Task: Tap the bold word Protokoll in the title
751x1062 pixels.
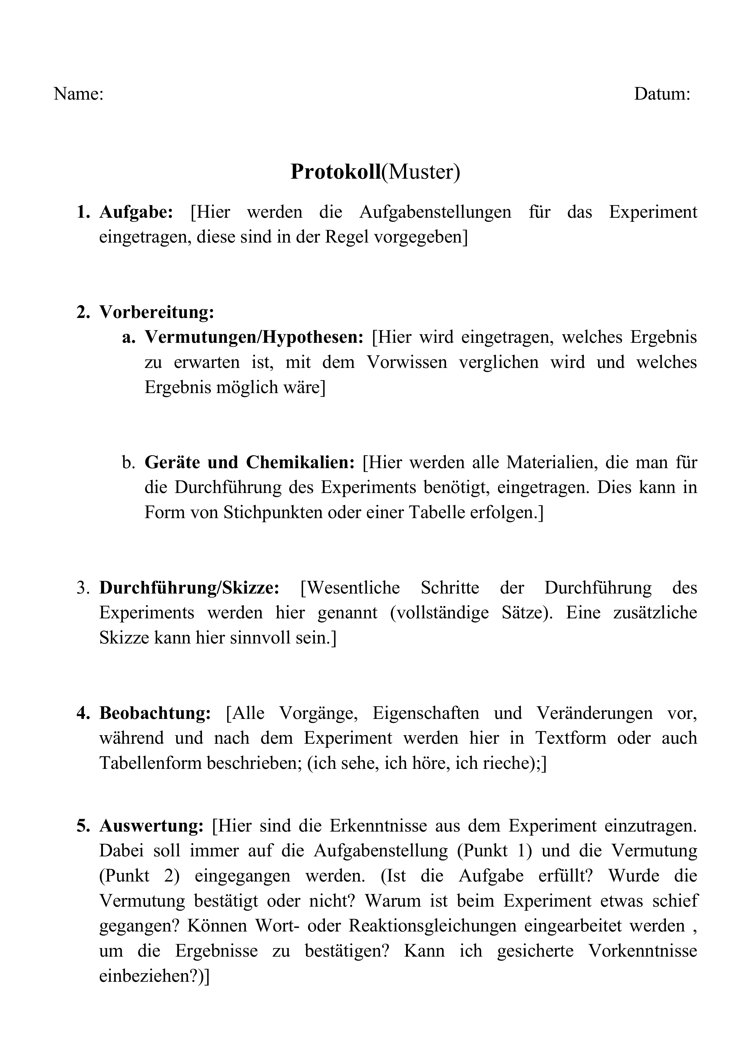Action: (335, 172)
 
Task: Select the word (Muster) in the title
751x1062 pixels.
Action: (420, 172)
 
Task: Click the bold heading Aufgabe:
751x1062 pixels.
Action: (136, 212)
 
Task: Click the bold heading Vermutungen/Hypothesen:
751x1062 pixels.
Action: (254, 337)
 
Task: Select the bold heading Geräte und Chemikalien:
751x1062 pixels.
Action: (249, 462)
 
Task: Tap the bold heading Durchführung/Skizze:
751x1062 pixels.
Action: (189, 587)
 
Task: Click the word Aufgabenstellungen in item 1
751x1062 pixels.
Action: (435, 212)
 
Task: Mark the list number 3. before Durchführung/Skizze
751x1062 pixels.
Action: (83, 588)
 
